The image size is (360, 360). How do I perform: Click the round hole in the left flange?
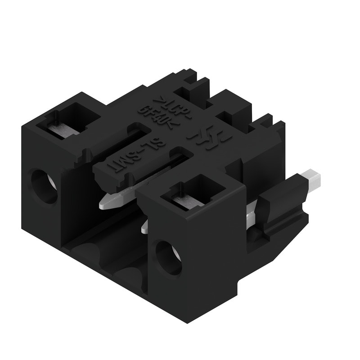44,185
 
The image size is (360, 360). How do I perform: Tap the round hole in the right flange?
168,258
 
